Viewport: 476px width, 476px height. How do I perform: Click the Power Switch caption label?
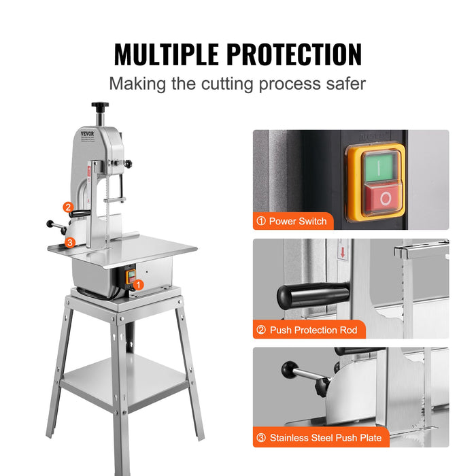pos(292,221)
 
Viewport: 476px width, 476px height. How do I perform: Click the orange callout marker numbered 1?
pos(138,285)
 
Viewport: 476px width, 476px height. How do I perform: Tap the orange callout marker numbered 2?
pos(67,207)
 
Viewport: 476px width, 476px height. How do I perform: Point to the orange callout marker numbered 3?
pos(69,241)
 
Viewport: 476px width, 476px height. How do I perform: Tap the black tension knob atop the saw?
pos(101,106)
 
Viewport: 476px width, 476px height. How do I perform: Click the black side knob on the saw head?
pos(127,163)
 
